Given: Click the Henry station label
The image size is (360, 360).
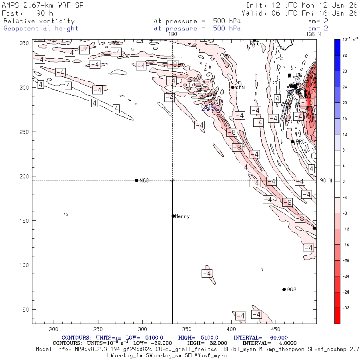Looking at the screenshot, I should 182,216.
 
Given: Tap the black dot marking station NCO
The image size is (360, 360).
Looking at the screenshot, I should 137,180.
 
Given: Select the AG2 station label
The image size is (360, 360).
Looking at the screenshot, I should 292,290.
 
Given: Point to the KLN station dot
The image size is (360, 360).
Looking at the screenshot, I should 232,88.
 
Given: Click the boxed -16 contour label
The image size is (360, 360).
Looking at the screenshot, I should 307,102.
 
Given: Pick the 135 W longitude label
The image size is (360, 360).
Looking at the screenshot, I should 313,34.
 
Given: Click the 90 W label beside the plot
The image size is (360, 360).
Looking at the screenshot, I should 326,181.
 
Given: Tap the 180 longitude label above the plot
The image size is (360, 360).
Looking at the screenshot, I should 173,34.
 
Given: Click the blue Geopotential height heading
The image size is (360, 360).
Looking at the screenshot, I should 41,28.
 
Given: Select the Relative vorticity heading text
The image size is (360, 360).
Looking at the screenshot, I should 39,21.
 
